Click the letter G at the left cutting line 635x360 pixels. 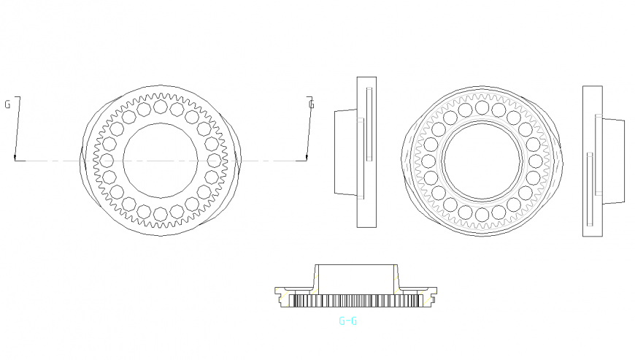point(7,104)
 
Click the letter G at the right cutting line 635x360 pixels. point(312,104)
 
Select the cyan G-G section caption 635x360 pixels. point(347,321)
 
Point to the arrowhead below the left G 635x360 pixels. point(15,157)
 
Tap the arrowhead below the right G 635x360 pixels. point(307,157)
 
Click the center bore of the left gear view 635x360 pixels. point(160,160)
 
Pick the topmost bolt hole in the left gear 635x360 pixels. point(160,107)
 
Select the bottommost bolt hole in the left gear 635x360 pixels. point(160,213)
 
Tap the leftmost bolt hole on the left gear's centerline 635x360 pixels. point(107,160)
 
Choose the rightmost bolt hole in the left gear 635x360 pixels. point(213,160)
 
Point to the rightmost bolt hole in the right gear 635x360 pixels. point(535,161)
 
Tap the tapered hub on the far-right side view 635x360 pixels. point(613,161)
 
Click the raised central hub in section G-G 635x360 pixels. point(356,277)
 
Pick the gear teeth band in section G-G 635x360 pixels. point(356,301)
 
